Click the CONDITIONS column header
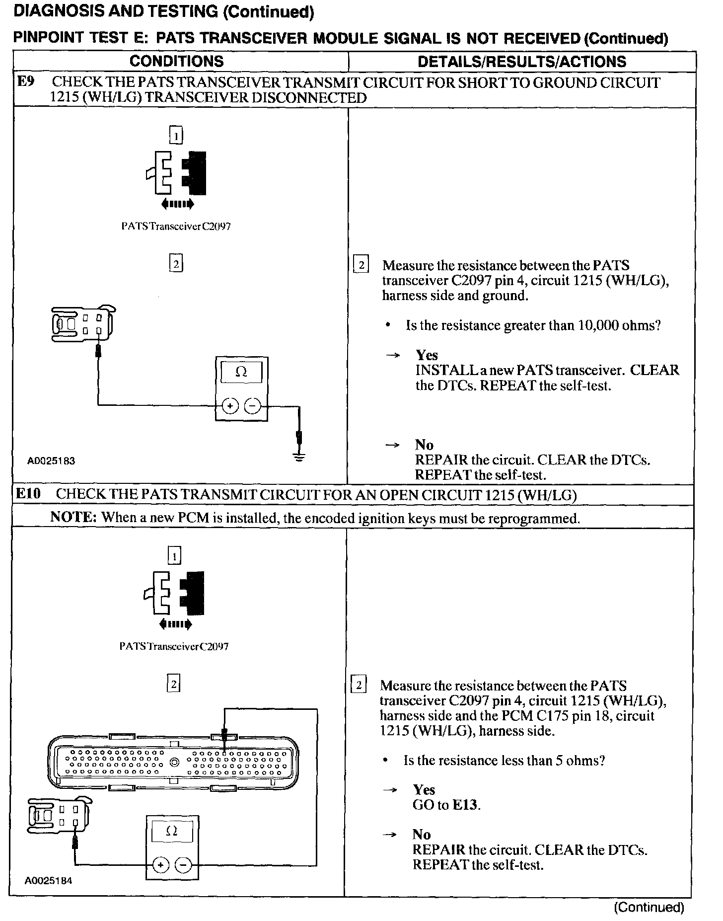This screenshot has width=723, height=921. (176, 62)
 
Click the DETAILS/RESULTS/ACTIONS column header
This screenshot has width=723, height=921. (522, 62)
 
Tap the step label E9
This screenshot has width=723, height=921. (26, 81)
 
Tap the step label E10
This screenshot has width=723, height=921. (28, 494)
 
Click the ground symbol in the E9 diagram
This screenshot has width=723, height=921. (299, 457)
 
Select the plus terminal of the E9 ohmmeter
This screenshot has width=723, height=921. (230, 406)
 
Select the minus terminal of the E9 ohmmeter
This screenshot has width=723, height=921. (253, 406)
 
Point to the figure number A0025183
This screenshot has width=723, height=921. (51, 461)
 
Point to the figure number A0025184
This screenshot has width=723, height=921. (49, 881)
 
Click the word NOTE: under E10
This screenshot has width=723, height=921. (73, 517)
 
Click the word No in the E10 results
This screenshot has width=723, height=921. (422, 834)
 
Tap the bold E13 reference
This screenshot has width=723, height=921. (466, 805)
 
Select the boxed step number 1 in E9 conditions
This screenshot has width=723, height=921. (176, 136)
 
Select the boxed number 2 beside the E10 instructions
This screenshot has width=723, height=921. (358, 686)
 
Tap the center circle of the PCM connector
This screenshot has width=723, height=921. (174, 763)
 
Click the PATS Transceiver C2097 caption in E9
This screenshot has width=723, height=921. (176, 227)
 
